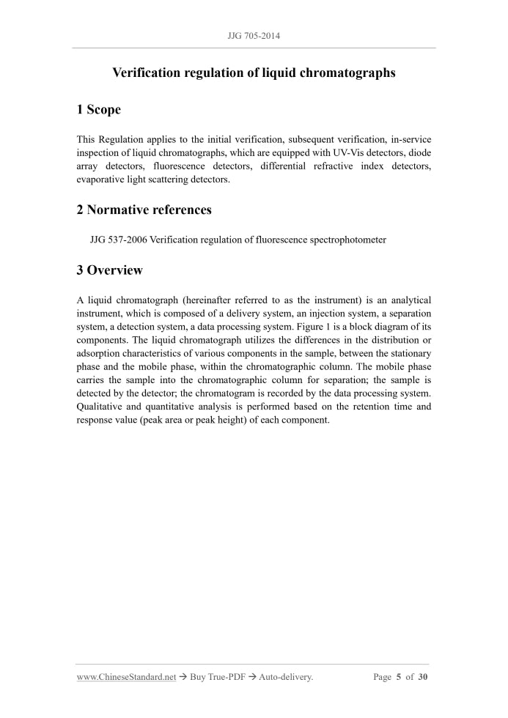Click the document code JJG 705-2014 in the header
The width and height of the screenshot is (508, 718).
[254, 35]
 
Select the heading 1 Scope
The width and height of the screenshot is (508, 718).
[98, 110]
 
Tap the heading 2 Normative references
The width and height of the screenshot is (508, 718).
[144, 210]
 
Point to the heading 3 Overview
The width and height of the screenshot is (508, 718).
[109, 270]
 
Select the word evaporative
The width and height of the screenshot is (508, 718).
[100, 179]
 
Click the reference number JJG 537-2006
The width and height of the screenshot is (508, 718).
[118, 240]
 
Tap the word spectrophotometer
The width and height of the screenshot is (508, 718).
[348, 240]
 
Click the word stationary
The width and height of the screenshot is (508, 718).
[408, 353]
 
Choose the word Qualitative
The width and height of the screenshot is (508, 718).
[100, 406]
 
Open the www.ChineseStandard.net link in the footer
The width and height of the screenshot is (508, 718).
[126, 678]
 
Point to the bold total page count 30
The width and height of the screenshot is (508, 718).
[423, 678]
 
